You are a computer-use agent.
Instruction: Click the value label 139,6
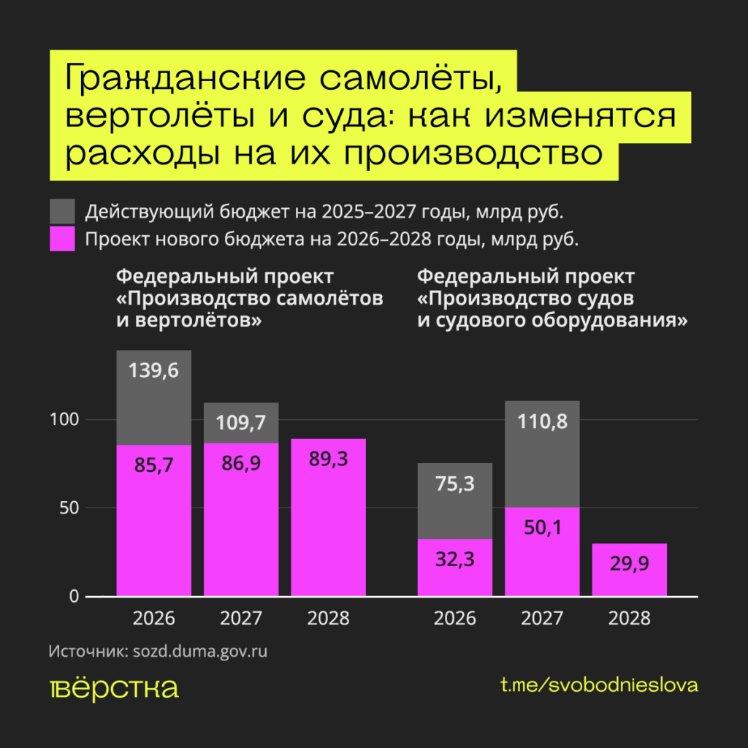[x=153, y=370]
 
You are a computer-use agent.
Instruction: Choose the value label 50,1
[x=541, y=527]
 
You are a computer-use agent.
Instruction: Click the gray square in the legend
[x=62, y=212]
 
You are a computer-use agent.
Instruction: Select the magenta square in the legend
[x=62, y=239]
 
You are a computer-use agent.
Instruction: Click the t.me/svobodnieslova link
[x=599, y=685]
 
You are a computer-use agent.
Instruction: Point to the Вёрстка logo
[x=114, y=688]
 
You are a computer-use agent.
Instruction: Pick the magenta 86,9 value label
[x=241, y=465]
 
